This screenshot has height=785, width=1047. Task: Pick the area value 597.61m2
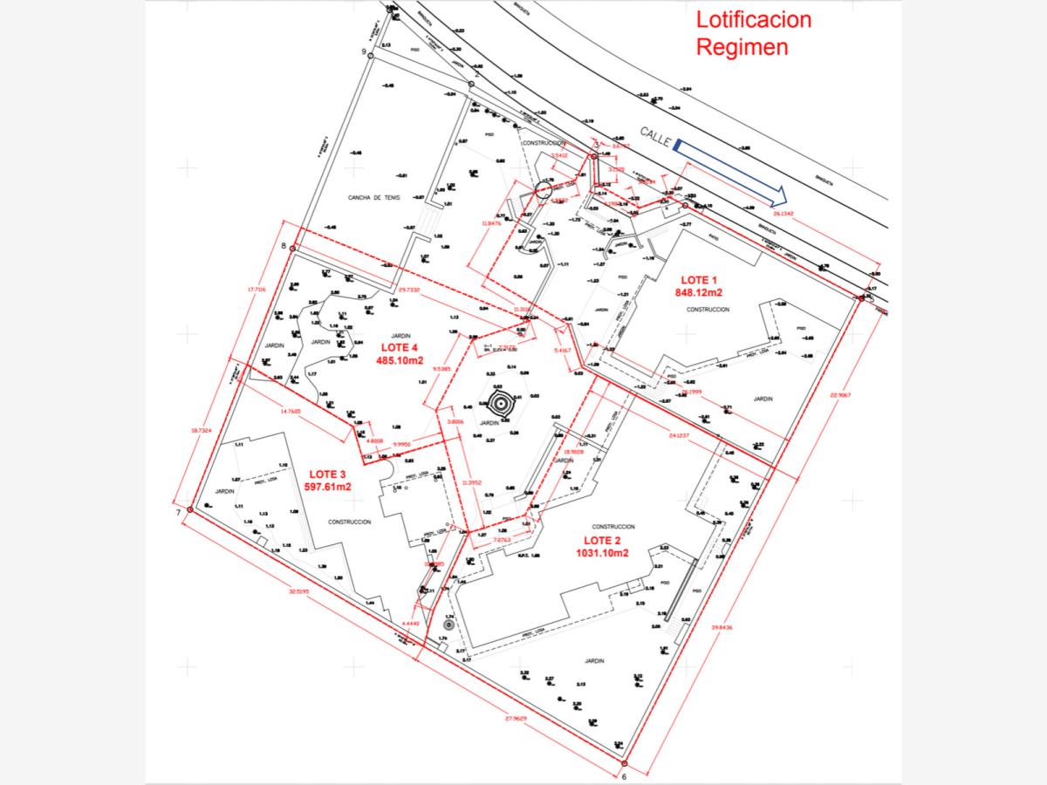(x=327, y=487)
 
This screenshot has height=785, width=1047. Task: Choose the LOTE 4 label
(x=400, y=347)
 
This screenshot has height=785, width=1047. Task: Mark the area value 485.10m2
(x=400, y=359)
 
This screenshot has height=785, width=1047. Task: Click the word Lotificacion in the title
(x=753, y=20)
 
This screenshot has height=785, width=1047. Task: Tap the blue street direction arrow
(x=731, y=172)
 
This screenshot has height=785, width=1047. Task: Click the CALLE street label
(x=655, y=133)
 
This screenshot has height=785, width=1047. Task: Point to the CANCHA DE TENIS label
(x=374, y=197)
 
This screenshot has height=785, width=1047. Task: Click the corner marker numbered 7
(x=189, y=509)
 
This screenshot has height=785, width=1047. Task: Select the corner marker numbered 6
(x=625, y=763)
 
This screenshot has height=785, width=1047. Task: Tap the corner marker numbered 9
(x=370, y=56)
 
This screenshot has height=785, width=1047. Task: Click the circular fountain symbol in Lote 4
(x=502, y=405)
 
